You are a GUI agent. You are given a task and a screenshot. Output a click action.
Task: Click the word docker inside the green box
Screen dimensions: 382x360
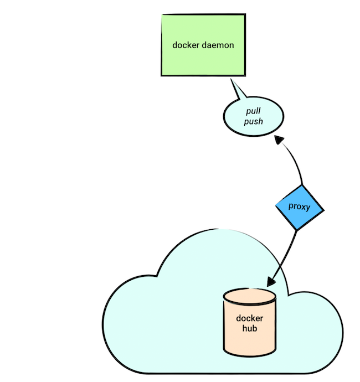click(186, 45)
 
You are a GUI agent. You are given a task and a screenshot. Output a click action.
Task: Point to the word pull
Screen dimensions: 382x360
click(253, 111)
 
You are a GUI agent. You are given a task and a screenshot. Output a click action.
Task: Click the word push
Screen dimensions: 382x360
click(253, 121)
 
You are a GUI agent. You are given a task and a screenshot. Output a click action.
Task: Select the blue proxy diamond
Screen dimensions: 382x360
click(299, 207)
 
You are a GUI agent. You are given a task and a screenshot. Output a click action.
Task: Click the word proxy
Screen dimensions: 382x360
click(299, 207)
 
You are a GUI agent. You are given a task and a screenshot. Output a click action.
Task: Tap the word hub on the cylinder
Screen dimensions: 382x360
click(250, 329)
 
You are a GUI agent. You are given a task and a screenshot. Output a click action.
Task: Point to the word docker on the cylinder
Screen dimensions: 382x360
click(250, 318)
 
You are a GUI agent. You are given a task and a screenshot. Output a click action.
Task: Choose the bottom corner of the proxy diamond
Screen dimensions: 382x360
click(298, 230)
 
